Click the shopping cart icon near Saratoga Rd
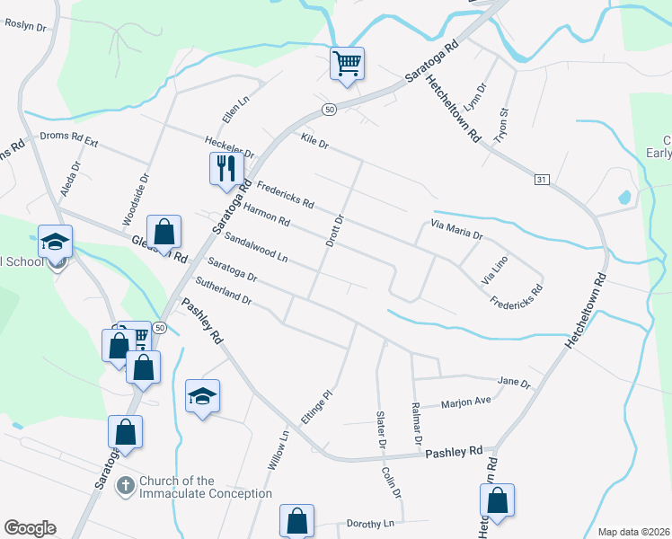point(346,64)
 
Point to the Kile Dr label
point(315,141)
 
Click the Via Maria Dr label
point(456,230)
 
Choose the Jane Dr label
point(514,382)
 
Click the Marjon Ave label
point(466,403)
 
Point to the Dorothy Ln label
point(370,523)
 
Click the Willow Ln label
point(279,451)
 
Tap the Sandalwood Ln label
point(256,248)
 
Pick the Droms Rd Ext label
point(68,137)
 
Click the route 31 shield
point(541,180)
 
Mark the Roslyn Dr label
point(25,25)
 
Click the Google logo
point(29,528)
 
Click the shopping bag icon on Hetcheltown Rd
point(498,501)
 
